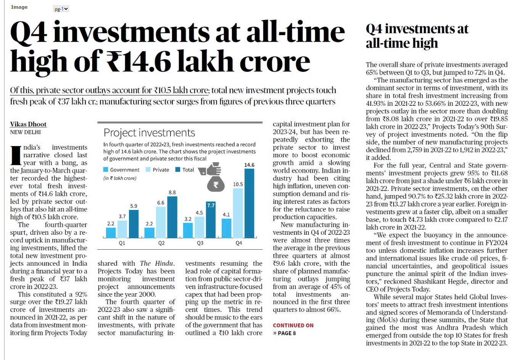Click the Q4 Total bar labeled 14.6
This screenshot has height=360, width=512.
(x=249, y=203)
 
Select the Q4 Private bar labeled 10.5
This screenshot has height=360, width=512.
(x=238, y=213)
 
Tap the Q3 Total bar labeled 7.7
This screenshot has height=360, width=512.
(x=211, y=220)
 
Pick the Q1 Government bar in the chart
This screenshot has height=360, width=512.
(x=111, y=233)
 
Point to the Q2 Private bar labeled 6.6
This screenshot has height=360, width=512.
(x=161, y=222)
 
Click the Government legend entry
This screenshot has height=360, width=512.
(x=121, y=170)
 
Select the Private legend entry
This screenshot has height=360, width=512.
(x=158, y=170)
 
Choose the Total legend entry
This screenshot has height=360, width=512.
(x=184, y=170)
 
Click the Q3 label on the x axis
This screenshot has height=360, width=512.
(x=200, y=243)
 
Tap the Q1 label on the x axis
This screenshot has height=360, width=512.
(x=122, y=243)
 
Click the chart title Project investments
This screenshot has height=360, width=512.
(x=149, y=132)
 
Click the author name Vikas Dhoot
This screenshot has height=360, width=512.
(x=28, y=124)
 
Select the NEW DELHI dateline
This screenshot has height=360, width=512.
(x=26, y=132)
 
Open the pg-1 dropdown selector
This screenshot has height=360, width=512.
(x=61, y=9)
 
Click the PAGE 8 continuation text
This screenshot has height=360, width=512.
(x=287, y=333)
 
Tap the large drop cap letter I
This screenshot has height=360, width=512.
(x=16, y=155)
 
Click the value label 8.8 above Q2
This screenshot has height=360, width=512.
(x=172, y=192)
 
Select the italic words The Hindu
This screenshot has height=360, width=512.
(x=157, y=263)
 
